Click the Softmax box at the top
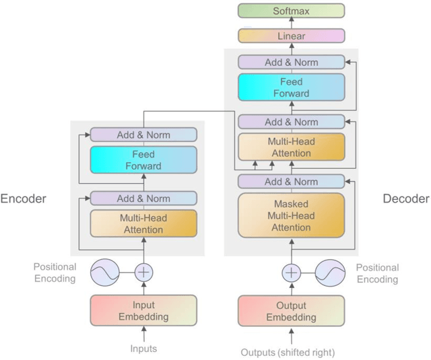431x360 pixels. point(291,11)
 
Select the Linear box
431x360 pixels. point(291,36)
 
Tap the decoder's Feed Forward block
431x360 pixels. point(291,87)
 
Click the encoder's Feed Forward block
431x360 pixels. point(143,160)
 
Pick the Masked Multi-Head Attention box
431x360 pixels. point(291,216)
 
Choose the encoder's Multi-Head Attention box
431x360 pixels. point(143,223)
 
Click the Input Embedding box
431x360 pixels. point(143,311)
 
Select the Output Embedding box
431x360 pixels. point(291,311)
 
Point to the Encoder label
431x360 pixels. point(24,199)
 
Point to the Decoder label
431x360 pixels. point(405,199)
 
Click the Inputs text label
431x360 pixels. point(143,349)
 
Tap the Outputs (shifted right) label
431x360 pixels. point(288,352)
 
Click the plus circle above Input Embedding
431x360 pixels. point(144,273)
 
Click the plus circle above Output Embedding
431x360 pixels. point(291,273)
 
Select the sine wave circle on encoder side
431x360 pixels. point(105,273)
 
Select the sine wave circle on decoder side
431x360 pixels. point(331,273)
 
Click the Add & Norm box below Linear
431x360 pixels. point(291,62)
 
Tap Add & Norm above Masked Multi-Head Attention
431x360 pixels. point(291,182)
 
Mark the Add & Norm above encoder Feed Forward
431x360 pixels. point(143,135)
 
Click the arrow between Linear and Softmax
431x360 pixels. point(291,24)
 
